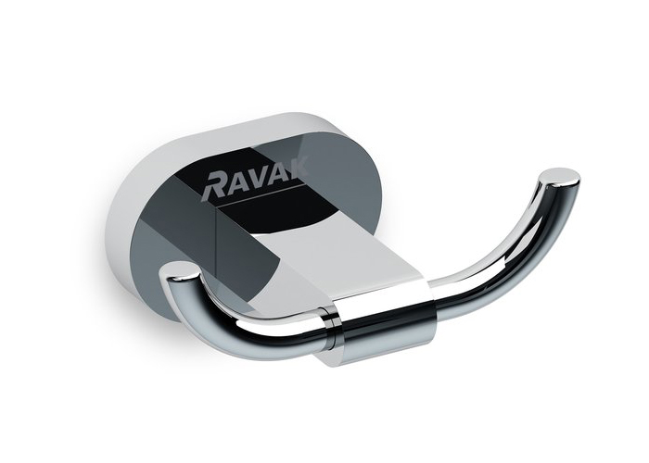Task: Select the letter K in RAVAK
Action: (x=296, y=169)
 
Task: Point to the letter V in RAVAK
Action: (x=260, y=177)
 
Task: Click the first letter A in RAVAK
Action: (x=237, y=181)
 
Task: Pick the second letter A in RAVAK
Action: (x=277, y=173)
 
